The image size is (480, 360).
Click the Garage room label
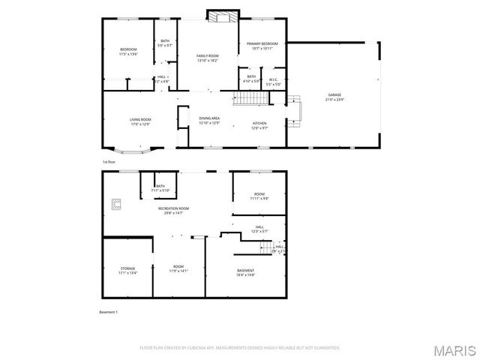[334, 97]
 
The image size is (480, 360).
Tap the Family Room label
[208, 58]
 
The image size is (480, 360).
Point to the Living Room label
[140, 121]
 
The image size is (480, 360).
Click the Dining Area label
[209, 120]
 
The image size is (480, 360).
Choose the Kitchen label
[259, 125]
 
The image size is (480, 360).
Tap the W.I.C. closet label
[274, 82]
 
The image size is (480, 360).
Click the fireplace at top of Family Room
[222, 16]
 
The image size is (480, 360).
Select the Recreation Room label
[173, 210]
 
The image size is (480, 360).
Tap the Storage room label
[127, 270]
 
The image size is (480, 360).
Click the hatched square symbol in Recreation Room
[116, 202]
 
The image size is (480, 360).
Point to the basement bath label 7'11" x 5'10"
[163, 188]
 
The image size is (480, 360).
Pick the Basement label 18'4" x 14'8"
[245, 272]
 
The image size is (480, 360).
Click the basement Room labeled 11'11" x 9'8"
[259, 196]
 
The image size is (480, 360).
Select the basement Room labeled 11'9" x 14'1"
[178, 268]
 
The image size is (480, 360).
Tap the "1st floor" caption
[109, 161]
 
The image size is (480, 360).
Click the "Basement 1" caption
[109, 312]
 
